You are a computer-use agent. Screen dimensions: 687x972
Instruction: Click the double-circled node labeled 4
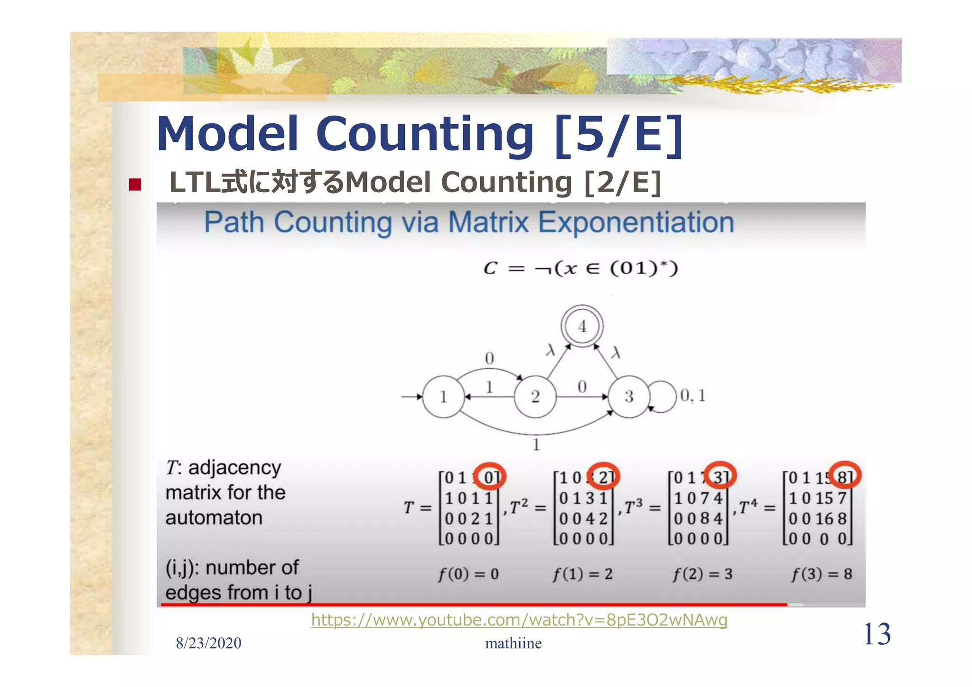pyautogui.click(x=582, y=326)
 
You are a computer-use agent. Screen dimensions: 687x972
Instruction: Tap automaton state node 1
pyautogui.click(x=443, y=397)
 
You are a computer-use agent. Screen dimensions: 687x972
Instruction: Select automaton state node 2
pyautogui.click(x=535, y=397)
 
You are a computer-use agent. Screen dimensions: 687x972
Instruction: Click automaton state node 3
pyautogui.click(x=629, y=397)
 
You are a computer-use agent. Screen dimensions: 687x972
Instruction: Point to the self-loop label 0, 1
pyautogui.click(x=693, y=396)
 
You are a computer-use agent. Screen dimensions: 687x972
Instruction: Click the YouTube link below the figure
pyautogui.click(x=519, y=620)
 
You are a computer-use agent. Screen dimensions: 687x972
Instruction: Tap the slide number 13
pyautogui.click(x=877, y=634)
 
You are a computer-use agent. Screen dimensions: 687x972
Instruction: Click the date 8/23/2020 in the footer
pyautogui.click(x=208, y=643)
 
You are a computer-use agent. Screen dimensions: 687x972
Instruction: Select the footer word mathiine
pyautogui.click(x=513, y=643)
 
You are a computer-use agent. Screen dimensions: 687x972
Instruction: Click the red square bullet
pyautogui.click(x=135, y=184)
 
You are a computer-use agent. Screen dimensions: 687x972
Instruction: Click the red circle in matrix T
pyautogui.click(x=490, y=476)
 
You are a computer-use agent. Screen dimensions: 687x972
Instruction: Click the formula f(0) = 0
pyautogui.click(x=468, y=575)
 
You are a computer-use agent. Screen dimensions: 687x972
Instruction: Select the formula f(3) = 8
pyautogui.click(x=822, y=575)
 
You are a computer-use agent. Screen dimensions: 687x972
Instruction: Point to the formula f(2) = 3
pyautogui.click(x=702, y=575)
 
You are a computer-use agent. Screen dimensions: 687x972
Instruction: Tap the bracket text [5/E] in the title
pyautogui.click(x=618, y=135)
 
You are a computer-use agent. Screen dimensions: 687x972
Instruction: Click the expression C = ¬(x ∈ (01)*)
pyautogui.click(x=580, y=269)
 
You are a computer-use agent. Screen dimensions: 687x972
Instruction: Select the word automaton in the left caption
pyautogui.click(x=214, y=518)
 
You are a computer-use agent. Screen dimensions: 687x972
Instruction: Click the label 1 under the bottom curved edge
pyautogui.click(x=536, y=445)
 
